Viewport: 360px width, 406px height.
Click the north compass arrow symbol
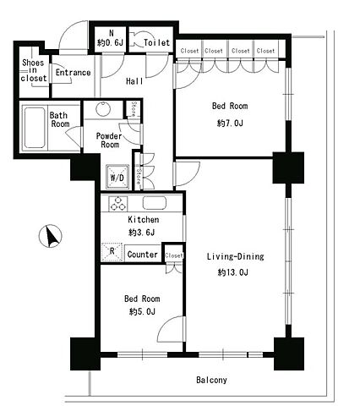[x=50, y=236]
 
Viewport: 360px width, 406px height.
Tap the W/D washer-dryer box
[x=117, y=177]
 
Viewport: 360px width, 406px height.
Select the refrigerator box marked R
[x=112, y=252]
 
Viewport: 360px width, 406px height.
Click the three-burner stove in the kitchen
[x=118, y=204]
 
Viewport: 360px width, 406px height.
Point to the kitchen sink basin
[x=155, y=203]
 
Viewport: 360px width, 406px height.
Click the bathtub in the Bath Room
[x=35, y=128]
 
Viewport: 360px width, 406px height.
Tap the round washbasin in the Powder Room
[x=103, y=108]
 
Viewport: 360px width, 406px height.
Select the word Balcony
[x=211, y=380]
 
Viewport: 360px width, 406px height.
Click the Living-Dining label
[x=236, y=256]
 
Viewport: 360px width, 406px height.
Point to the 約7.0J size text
[x=230, y=123]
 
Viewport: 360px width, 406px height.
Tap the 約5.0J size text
[x=142, y=311]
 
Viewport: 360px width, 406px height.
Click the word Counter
[x=142, y=255]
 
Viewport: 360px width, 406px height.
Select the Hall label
[x=134, y=81]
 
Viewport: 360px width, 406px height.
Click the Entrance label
[x=73, y=73]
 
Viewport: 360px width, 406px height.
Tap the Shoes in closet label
[x=33, y=70]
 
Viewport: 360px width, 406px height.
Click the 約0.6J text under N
[x=111, y=43]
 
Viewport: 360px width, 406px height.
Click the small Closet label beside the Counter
[x=174, y=255]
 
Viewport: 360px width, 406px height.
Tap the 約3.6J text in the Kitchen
[x=142, y=233]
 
